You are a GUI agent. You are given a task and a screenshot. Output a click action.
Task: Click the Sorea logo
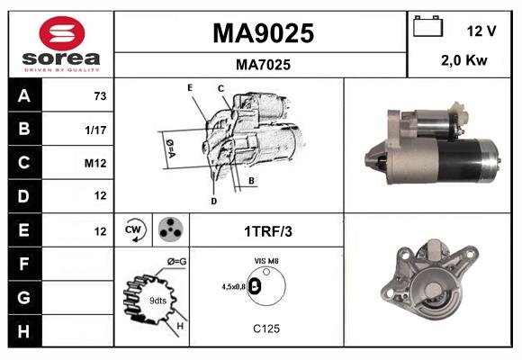click(60, 43)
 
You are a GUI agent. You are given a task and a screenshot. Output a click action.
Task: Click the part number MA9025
click(263, 33)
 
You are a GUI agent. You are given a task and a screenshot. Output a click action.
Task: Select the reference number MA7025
click(263, 65)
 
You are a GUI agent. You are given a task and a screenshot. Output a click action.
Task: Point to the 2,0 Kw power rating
click(464, 61)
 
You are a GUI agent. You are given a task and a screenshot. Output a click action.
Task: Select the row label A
click(24, 95)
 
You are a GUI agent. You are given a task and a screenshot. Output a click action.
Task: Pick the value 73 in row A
click(99, 95)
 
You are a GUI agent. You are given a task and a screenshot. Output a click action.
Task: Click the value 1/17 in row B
click(96, 129)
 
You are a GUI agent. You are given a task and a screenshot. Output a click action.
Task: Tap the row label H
click(24, 331)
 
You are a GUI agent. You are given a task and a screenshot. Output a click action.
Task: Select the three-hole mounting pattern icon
click(168, 229)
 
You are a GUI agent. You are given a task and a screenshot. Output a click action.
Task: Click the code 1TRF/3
click(267, 231)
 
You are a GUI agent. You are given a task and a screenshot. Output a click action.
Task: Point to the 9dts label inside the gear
click(157, 299)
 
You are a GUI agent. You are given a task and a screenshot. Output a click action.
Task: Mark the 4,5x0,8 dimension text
click(234, 287)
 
